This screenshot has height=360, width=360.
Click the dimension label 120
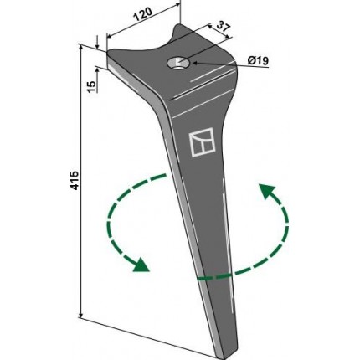click(142, 15)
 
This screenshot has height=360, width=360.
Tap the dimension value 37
click(223, 28)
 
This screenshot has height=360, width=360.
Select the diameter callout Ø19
click(258, 60)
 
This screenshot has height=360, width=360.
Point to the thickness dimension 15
click(91, 87)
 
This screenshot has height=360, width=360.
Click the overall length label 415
click(75, 181)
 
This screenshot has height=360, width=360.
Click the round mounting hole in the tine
click(178, 63)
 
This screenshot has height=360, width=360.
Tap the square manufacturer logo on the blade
click(203, 142)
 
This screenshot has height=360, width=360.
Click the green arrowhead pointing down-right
click(141, 265)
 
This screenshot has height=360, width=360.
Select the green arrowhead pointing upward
click(267, 191)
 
